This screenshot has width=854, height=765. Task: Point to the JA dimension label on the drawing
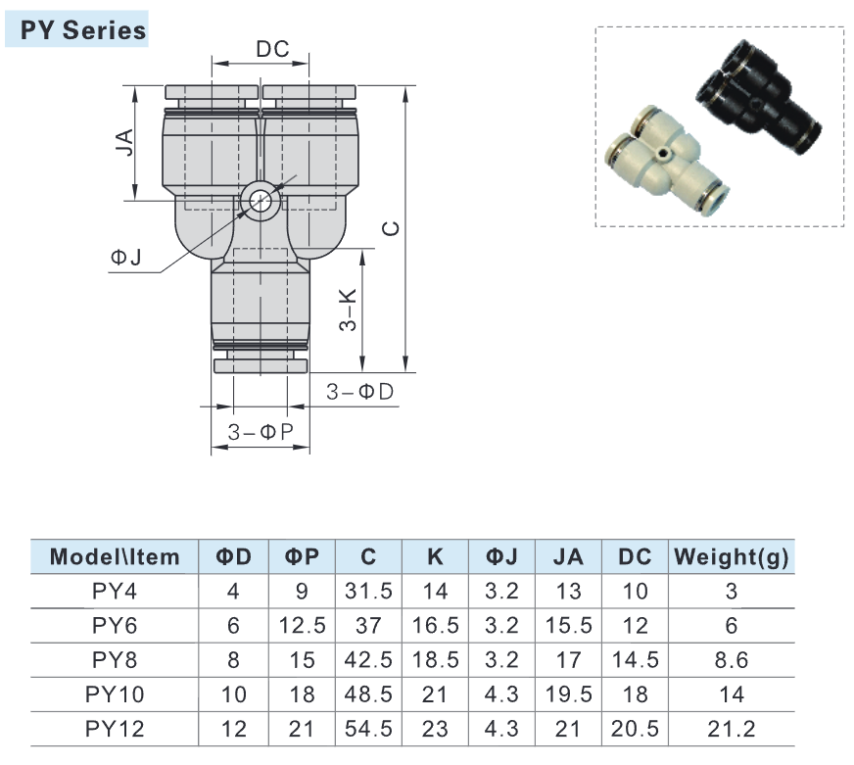tap(124, 145)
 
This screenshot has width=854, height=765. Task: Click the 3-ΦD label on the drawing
tap(359, 392)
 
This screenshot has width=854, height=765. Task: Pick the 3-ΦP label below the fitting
tap(261, 432)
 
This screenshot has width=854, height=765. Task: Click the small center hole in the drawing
tap(261, 200)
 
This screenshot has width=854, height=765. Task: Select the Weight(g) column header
tap(732, 557)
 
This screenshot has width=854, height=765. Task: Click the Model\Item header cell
tap(116, 557)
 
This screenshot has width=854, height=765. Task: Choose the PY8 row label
tap(116, 659)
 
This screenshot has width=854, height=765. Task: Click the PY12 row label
tap(116, 728)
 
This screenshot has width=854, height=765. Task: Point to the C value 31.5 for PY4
tap(368, 591)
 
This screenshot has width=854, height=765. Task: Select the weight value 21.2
tap(732, 728)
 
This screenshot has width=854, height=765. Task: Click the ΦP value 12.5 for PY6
tap(303, 625)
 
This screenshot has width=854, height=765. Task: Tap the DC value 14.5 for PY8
tap(636, 659)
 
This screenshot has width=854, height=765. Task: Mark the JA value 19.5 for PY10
tap(568, 693)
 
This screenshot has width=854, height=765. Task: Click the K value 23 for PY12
tap(436, 728)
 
